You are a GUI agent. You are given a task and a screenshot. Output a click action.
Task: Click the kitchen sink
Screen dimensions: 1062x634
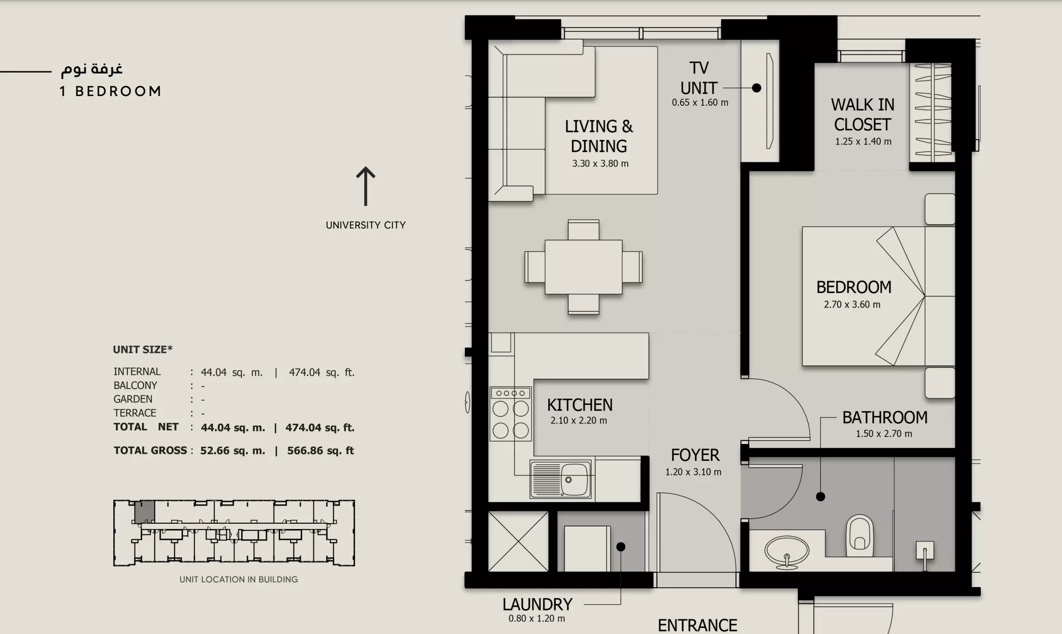click(561, 479)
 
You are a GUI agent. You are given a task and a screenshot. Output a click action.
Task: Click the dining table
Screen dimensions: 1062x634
click(583, 267)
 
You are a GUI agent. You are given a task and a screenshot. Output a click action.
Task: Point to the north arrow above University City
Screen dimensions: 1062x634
click(366, 186)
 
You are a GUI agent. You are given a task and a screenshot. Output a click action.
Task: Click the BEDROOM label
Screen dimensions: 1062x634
click(854, 287)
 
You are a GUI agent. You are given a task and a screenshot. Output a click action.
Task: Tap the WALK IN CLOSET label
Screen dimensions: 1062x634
click(862, 115)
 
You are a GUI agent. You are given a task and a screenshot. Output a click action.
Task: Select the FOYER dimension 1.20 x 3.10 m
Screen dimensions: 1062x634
click(693, 472)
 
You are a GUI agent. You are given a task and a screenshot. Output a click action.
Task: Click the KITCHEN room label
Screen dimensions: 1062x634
click(580, 405)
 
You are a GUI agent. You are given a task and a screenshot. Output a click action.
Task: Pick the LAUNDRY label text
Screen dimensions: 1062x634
click(537, 604)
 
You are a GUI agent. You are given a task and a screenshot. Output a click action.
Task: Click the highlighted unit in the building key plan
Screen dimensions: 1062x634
click(145, 511)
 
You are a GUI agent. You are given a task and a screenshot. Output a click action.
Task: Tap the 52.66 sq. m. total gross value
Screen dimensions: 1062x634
click(233, 451)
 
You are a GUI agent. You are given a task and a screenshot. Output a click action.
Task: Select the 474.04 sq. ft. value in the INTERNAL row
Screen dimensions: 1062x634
click(322, 372)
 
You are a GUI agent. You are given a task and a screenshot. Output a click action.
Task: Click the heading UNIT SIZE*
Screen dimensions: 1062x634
click(142, 349)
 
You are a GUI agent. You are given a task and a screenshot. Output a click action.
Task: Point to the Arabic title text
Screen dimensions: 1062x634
click(92, 69)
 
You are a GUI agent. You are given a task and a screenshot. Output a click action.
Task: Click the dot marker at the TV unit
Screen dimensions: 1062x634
click(757, 88)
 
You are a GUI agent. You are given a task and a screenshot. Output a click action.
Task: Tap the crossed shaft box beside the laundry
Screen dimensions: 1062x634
click(518, 541)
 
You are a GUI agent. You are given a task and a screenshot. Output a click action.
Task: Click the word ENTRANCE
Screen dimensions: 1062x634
click(697, 626)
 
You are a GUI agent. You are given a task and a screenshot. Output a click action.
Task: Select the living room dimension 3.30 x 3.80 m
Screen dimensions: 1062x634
click(600, 163)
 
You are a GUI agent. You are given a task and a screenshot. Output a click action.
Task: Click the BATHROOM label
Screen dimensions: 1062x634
click(885, 418)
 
